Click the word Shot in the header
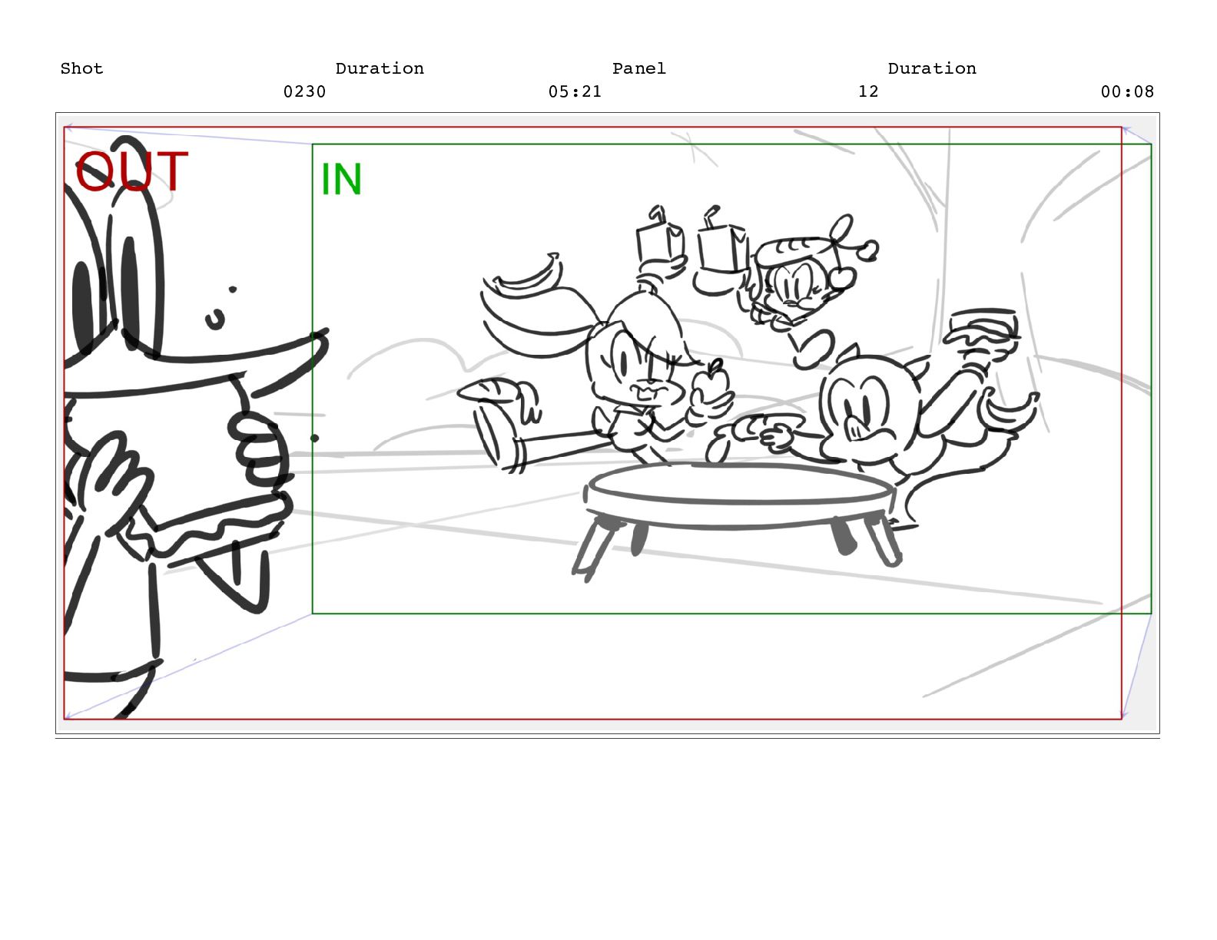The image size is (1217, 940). coord(81,68)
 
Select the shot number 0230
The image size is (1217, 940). coord(304,91)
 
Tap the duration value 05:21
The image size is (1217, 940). coord(575,91)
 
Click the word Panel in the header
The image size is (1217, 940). coord(638,68)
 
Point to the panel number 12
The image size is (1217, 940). coord(868,91)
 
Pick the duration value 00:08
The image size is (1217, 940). coord(1127,91)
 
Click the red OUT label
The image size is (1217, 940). coord(131,171)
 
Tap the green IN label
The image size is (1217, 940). coord(341,179)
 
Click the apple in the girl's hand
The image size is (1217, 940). coord(711,383)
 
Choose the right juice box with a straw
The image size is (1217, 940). coord(722,242)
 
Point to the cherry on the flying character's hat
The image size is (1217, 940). coord(842,276)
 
